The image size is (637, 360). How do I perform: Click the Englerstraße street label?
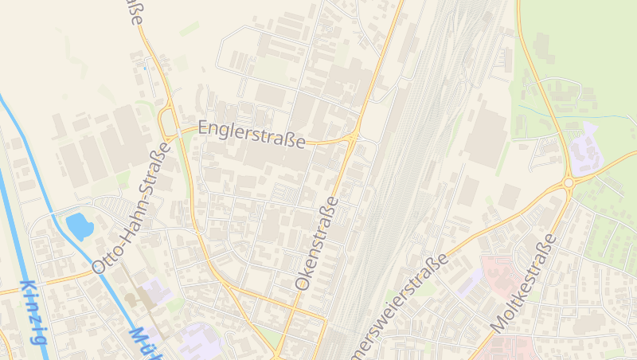coord(252,135)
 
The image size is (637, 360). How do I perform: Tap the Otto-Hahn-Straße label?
coord(132,209)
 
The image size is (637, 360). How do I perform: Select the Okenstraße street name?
coord(317,243)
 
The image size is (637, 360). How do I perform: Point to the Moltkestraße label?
coord(524,284)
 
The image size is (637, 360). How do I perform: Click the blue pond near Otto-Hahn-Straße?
coord(80,225)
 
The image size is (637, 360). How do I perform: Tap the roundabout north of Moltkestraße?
coord(568,183)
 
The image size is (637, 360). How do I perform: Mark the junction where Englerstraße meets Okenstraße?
coord(353,139)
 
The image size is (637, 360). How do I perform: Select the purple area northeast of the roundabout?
coord(585,151)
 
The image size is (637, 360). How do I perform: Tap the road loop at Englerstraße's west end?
coord(170,124)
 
